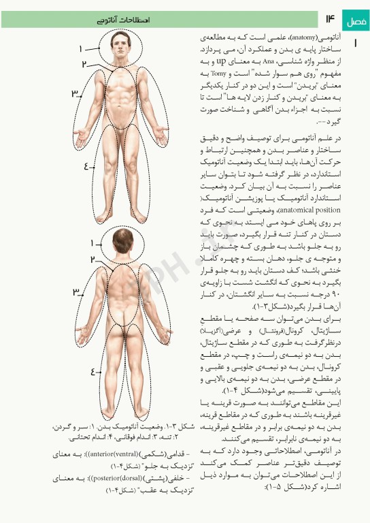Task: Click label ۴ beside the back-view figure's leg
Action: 92,372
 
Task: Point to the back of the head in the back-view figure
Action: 122,242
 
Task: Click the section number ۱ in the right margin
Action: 356,43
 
